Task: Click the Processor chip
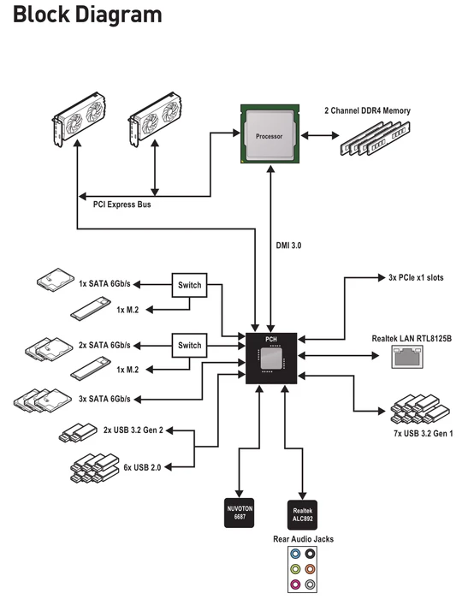(x=270, y=133)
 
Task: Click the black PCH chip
(x=271, y=359)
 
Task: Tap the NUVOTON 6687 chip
(x=239, y=513)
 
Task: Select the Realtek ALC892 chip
(x=302, y=515)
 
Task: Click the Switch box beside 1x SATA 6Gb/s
(x=189, y=285)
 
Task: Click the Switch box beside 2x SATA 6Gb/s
(x=189, y=346)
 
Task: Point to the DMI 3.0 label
(x=288, y=246)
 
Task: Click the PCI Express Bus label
(x=122, y=205)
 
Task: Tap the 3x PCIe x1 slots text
(x=416, y=278)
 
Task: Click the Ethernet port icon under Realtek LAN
(x=407, y=357)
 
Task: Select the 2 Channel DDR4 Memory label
(x=367, y=110)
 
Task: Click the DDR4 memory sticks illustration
(x=375, y=139)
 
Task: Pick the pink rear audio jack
(x=295, y=584)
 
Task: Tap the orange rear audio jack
(x=310, y=569)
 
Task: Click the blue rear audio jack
(x=295, y=554)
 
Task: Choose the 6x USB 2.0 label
(x=142, y=467)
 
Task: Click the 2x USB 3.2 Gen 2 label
(x=133, y=430)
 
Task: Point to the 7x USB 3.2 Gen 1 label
(x=424, y=434)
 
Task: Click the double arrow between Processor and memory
(x=320, y=135)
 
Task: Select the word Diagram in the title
(x=119, y=15)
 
